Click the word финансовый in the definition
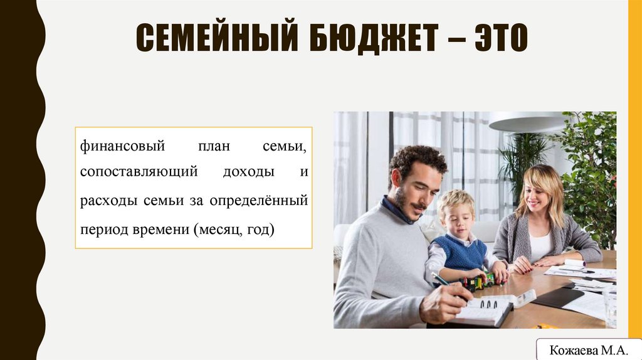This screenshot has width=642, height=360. click(x=122, y=147)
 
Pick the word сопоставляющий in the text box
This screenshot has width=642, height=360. click(x=139, y=171)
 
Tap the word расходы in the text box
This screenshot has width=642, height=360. click(x=105, y=201)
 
